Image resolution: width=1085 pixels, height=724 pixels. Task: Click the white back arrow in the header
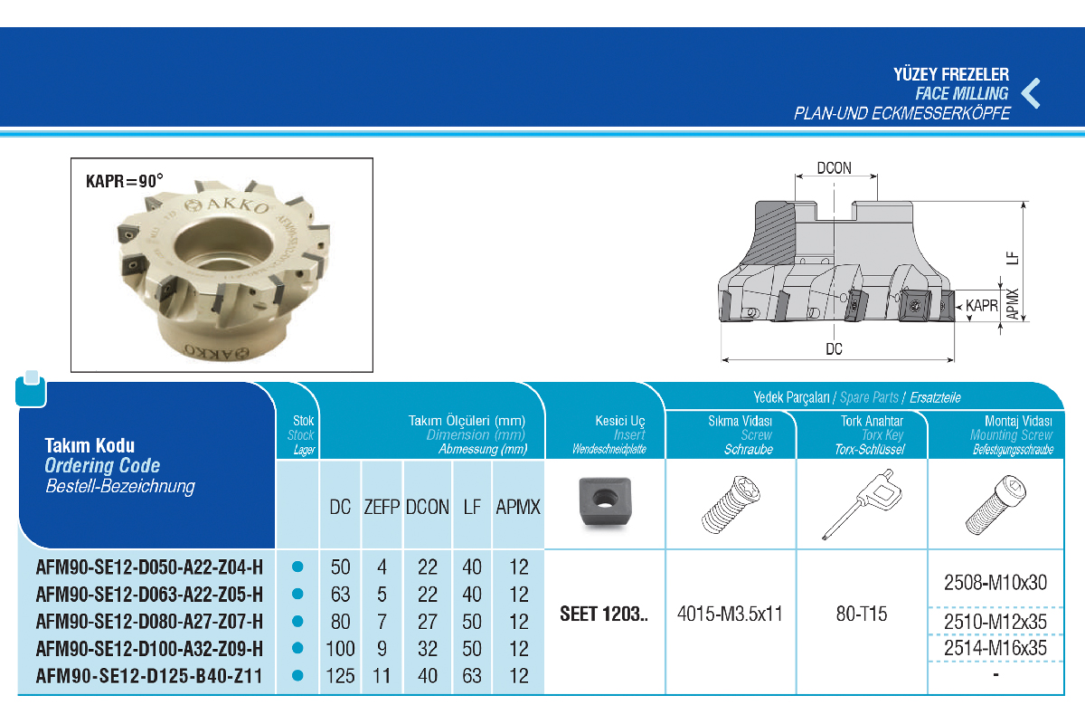[x=1031, y=93]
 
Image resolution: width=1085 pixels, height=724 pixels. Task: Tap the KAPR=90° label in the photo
[x=125, y=180]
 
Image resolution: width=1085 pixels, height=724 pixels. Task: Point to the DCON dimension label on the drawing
[x=834, y=168]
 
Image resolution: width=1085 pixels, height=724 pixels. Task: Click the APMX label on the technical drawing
[x=1013, y=304]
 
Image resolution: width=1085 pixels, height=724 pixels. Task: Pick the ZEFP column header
[x=382, y=507]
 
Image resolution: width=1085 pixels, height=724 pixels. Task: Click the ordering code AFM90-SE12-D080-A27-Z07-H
[x=150, y=621]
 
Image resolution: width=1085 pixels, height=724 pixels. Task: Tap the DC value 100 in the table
[x=340, y=648]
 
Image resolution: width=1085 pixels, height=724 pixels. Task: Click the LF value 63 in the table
[x=472, y=675]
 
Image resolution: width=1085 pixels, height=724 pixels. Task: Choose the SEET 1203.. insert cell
[x=603, y=614]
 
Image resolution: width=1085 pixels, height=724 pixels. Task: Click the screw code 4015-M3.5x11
[x=730, y=614]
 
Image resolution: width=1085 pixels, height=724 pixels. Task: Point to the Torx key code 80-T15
[x=862, y=614]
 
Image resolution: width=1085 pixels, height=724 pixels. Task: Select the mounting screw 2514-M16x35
[x=995, y=648]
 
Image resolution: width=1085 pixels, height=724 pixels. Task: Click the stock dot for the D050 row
[x=297, y=567]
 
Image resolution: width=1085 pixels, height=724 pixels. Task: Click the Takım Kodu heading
[x=90, y=445]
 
